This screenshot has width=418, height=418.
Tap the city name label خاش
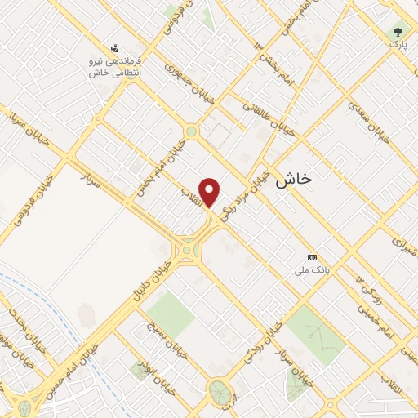294,179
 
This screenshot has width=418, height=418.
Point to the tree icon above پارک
398,32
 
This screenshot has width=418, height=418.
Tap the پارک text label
398,46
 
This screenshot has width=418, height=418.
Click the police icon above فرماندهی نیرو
115,47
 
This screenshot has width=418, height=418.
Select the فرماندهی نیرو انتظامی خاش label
115,67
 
